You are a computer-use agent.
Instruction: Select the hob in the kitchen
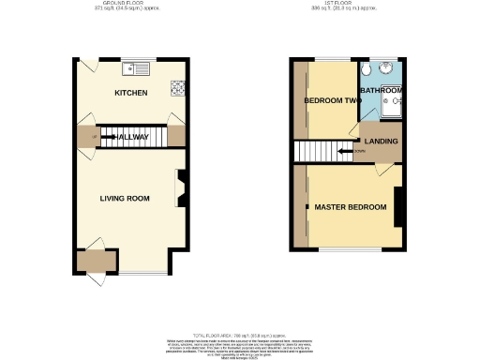pyautogui.click(x=175, y=87)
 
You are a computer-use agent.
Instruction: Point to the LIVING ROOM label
pyautogui.click(x=126, y=198)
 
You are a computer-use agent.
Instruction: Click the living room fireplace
pyautogui.click(x=181, y=187)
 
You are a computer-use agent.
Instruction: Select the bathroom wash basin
pyautogui.click(x=397, y=96)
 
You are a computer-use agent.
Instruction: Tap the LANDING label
pyautogui.click(x=382, y=142)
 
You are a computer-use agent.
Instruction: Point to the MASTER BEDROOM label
pyautogui.click(x=350, y=206)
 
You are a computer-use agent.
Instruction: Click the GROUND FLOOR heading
pyautogui.click(x=129, y=4)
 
